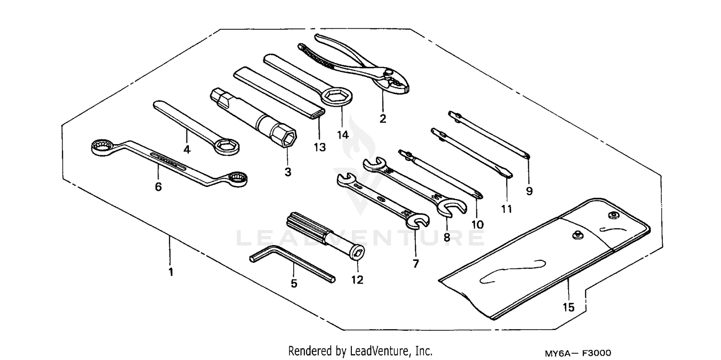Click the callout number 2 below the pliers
click(383, 118)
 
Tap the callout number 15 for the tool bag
click(569, 307)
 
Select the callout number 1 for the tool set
click(170, 272)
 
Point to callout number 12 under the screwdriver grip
click(357, 279)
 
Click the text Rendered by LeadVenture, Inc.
click(360, 351)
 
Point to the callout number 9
click(529, 191)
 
